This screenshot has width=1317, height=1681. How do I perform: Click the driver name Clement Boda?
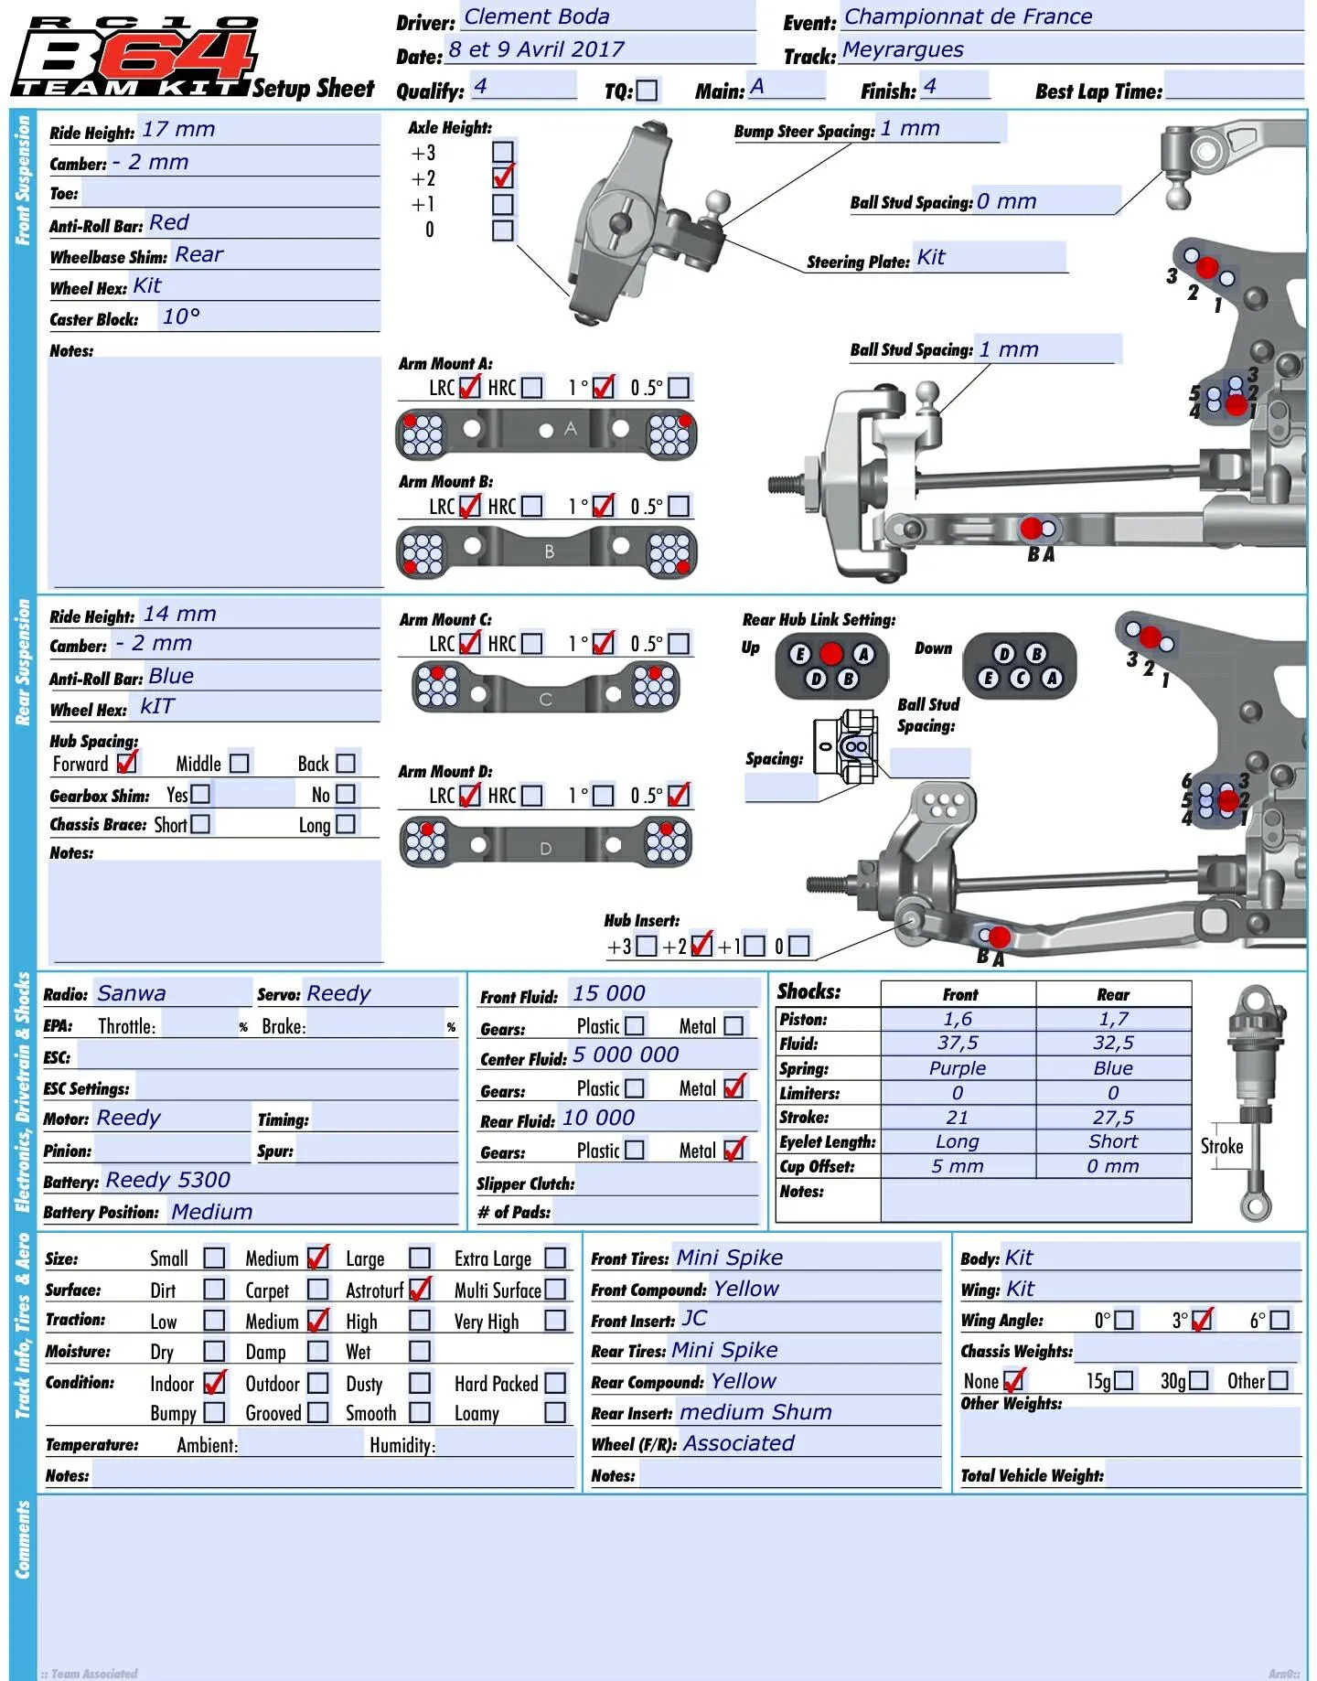(x=537, y=16)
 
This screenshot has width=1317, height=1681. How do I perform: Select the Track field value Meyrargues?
(x=903, y=50)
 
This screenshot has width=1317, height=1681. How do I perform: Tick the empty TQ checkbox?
(x=647, y=91)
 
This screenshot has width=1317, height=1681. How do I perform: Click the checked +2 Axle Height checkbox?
(x=503, y=177)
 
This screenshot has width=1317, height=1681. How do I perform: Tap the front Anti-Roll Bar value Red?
(x=169, y=222)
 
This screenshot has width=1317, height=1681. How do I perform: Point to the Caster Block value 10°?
(x=181, y=316)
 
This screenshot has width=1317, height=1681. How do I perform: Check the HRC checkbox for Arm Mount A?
(x=531, y=388)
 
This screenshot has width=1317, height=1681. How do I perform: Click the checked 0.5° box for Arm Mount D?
(x=679, y=795)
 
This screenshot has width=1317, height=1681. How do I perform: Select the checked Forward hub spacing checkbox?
(x=127, y=762)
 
